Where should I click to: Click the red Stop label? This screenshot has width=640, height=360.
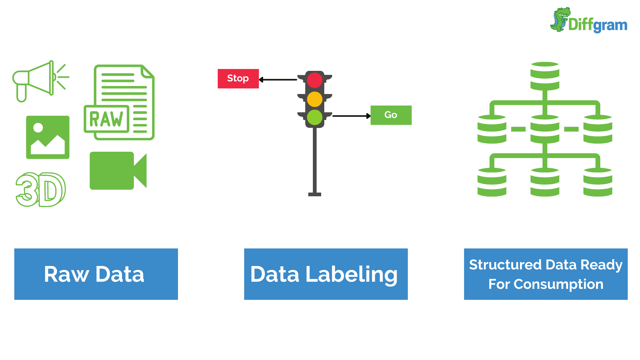238,79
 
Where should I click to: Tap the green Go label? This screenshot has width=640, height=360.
391,115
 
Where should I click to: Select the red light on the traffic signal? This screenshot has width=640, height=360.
315,80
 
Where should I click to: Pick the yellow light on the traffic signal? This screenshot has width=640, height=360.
315,99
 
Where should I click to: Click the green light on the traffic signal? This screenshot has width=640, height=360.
315,117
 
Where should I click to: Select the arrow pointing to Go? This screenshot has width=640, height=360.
351,116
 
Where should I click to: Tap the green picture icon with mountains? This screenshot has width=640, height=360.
48,137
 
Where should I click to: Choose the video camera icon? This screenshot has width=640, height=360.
117,171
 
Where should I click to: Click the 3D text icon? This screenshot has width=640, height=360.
41,189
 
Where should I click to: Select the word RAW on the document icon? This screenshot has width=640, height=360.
106,119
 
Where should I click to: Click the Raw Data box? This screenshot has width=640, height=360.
96,274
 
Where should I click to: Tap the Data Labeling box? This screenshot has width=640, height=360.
326,274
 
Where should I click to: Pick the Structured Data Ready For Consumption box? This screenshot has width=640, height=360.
546,274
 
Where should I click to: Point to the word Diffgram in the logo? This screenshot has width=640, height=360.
598,25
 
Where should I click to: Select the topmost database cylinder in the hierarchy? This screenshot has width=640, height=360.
545,76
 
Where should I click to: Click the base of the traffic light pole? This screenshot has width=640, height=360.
315,194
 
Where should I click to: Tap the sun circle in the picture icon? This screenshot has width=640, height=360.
38,128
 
